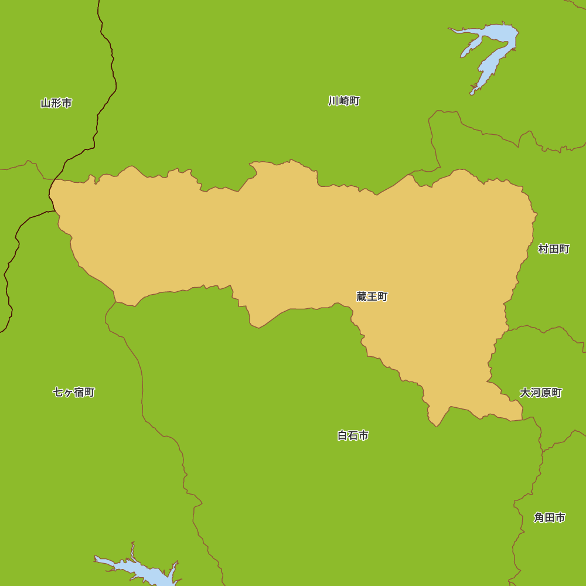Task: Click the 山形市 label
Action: [x=56, y=103]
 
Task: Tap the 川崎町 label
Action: [x=344, y=101]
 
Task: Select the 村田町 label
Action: [x=554, y=249]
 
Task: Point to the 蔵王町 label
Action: [x=372, y=297]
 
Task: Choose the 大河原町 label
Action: [x=540, y=393]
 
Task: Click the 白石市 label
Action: [x=353, y=435]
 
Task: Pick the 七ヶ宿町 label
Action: [x=73, y=392]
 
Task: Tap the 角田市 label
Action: [x=549, y=517]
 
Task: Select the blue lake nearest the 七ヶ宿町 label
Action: [x=141, y=571]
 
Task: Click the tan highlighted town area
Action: [x=293, y=246]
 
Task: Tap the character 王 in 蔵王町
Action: [x=372, y=297]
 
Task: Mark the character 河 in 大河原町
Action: [x=535, y=393]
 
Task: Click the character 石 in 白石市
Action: [x=353, y=435]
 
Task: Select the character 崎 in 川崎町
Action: [x=344, y=101]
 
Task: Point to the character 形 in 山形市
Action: [x=56, y=103]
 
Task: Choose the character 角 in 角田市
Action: [x=539, y=517]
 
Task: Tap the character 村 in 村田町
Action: [x=543, y=249]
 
